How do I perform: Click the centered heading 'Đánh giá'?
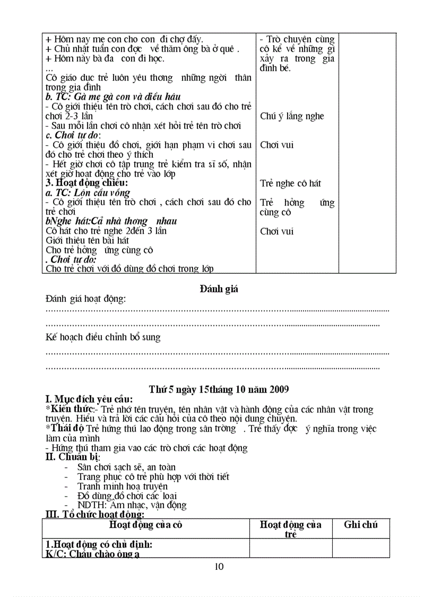point(219,289)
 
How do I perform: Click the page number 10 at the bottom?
point(219,566)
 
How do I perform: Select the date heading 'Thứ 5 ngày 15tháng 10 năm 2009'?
point(219,390)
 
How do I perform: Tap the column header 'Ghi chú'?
point(360,525)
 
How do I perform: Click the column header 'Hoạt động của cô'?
point(145,525)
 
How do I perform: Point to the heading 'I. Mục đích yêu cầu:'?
point(89,399)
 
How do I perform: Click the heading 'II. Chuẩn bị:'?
point(73,457)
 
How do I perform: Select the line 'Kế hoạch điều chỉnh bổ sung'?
point(103,337)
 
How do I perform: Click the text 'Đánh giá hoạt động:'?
point(86,299)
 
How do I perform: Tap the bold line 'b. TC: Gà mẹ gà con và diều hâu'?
point(113,97)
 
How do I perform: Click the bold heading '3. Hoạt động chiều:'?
point(86,183)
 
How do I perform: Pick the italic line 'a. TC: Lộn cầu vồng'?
point(88,193)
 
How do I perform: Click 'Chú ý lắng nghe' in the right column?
point(292,116)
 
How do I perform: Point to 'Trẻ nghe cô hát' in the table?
point(290,183)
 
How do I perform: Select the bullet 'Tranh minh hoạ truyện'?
point(122,486)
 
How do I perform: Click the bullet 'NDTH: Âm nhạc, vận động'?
point(132,505)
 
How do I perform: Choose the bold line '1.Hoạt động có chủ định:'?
point(99,544)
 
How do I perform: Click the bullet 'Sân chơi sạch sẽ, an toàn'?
point(126,467)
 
